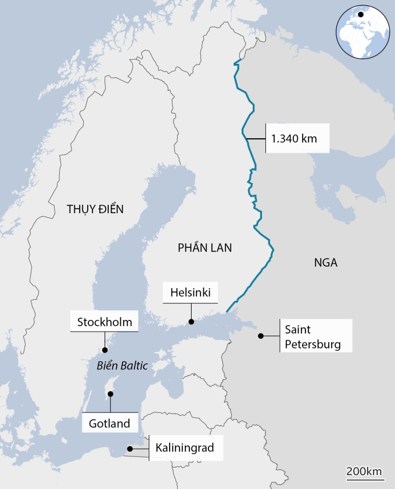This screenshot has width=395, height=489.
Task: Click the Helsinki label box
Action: tap(191, 293)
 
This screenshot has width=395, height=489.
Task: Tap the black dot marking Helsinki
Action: tap(191, 321)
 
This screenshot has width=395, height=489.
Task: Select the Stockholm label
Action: tap(105, 322)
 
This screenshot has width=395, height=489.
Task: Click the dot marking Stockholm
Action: tap(105, 350)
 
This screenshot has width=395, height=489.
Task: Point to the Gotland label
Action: tap(110, 423)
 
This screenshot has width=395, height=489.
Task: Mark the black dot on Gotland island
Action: tap(110, 394)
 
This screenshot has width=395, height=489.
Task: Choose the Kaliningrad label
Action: tap(185, 448)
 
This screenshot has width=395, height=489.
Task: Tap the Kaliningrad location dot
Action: tap(130, 449)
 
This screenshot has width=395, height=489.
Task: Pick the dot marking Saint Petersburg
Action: tap(261, 336)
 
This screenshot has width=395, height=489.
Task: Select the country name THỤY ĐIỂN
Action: tap(95, 209)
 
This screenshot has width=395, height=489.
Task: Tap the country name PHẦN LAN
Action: tap(204, 248)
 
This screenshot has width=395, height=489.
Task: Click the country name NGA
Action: tap(326, 263)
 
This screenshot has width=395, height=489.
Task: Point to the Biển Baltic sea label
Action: tap(123, 366)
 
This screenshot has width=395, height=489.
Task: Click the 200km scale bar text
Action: tap(365, 470)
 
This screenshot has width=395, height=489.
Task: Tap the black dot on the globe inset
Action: tap(361, 14)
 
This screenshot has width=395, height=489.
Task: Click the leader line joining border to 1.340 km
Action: tap(256, 139)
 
